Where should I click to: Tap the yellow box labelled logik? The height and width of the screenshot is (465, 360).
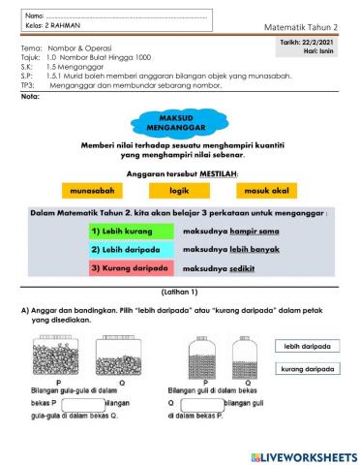click(x=179, y=192)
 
